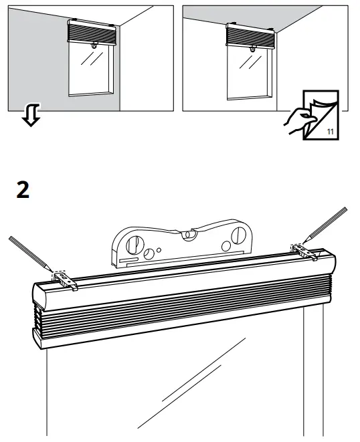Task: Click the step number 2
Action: click(x=23, y=191)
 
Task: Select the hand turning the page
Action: click(x=298, y=122)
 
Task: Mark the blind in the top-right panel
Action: click(x=252, y=35)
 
